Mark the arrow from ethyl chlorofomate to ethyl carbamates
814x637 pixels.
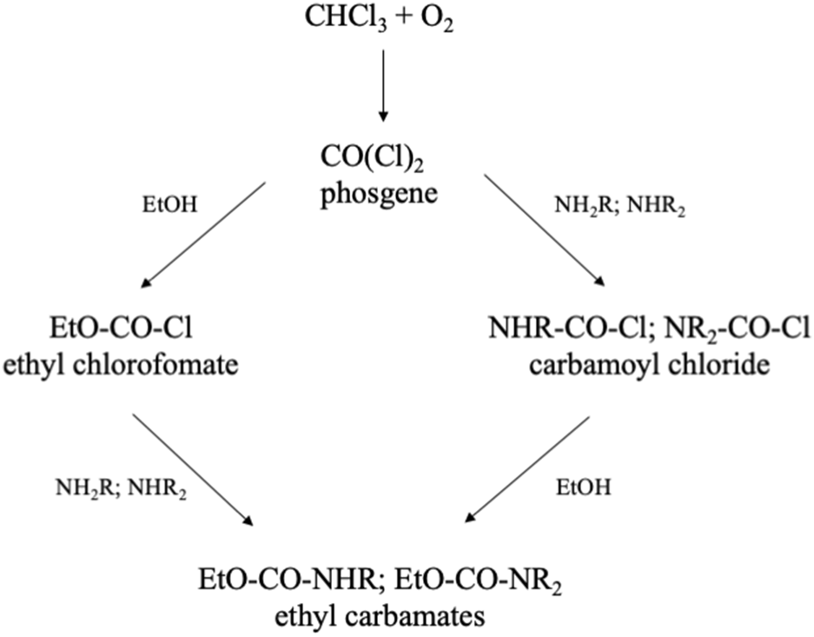(x=193, y=469)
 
